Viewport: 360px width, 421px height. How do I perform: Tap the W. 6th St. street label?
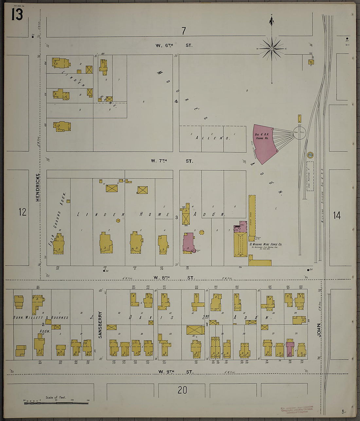[174, 45]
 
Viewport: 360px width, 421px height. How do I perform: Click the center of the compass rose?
[271, 49]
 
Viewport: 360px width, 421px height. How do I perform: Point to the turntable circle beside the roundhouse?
[299, 132]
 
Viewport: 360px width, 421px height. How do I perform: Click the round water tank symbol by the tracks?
[310, 155]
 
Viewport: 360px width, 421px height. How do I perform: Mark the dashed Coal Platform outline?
[310, 176]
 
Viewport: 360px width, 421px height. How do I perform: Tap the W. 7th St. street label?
[172, 161]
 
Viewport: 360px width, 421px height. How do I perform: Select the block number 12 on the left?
[22, 212]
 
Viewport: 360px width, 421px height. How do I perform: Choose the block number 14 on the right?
[337, 215]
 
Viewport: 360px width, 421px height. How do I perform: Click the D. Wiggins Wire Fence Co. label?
[266, 244]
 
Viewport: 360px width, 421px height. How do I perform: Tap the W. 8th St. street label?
[174, 278]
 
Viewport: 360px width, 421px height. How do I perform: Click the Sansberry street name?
[100, 325]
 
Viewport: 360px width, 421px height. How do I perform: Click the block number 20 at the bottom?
[182, 390]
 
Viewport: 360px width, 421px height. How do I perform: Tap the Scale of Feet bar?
[56, 403]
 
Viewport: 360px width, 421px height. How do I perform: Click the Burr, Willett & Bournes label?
[41, 317]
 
